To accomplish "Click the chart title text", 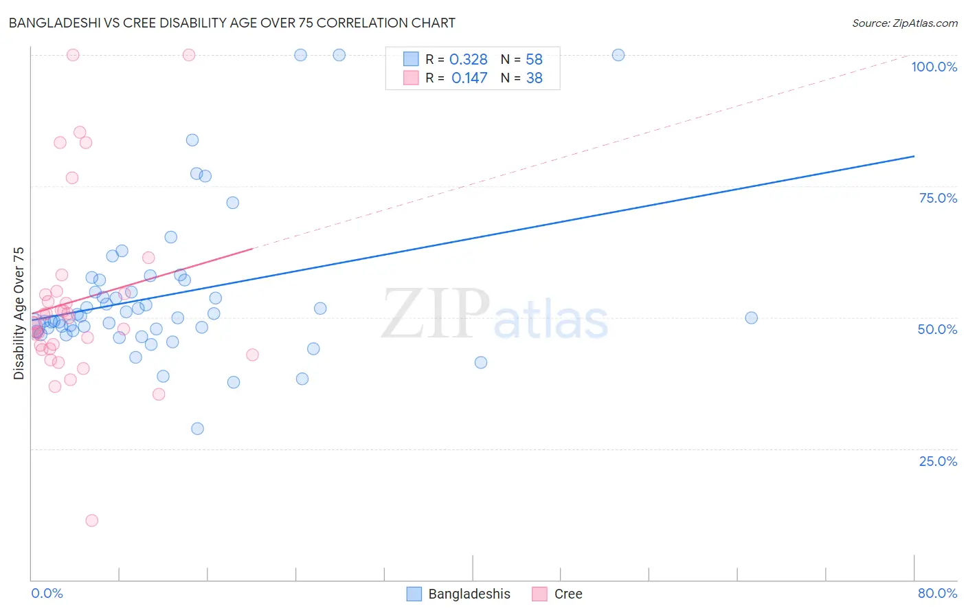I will (232, 23).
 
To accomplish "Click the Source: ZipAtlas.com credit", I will (904, 23).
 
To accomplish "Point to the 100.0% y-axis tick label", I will (934, 67).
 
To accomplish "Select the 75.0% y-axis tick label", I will (937, 198).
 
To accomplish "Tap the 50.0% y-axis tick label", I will (936, 329).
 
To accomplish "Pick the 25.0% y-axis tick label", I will (937, 461).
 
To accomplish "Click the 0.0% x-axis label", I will (47, 593).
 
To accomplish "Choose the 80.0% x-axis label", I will (936, 593).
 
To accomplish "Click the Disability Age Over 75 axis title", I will (19, 313).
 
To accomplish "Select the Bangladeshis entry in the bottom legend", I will (469, 594).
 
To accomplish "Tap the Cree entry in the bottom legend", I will (568, 594).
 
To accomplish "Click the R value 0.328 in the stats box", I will (468, 60).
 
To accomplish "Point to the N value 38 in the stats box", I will (534, 78).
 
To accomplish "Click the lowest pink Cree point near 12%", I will (91, 520).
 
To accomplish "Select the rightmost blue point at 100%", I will (618, 55).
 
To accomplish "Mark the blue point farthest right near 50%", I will (752, 317).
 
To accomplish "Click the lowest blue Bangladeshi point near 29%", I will (197, 428).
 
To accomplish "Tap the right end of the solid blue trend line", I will (914, 156).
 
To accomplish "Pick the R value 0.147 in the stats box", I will (469, 78).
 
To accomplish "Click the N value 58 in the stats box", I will (534, 60).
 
